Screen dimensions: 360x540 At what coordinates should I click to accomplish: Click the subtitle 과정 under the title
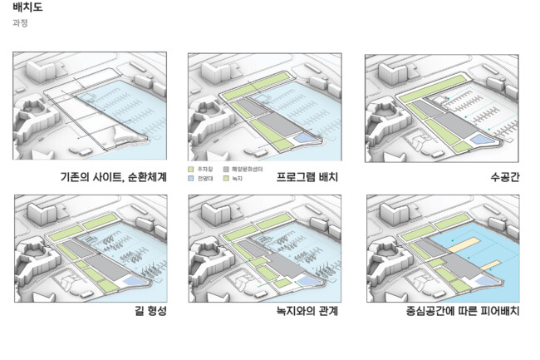(x=20, y=23)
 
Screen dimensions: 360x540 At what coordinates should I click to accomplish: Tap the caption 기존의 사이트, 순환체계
(x=114, y=177)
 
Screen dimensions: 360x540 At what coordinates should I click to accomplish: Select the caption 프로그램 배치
(x=307, y=177)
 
